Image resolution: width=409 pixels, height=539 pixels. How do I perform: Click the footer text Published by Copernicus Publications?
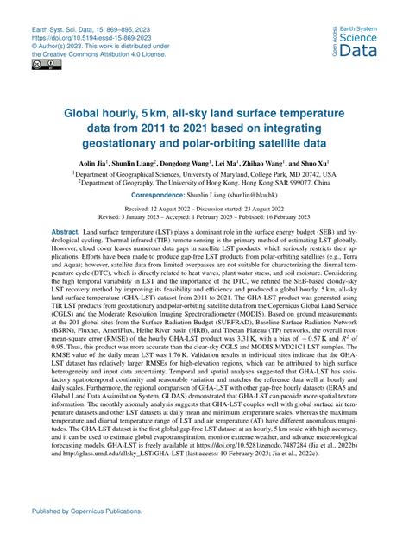tap(80, 511)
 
